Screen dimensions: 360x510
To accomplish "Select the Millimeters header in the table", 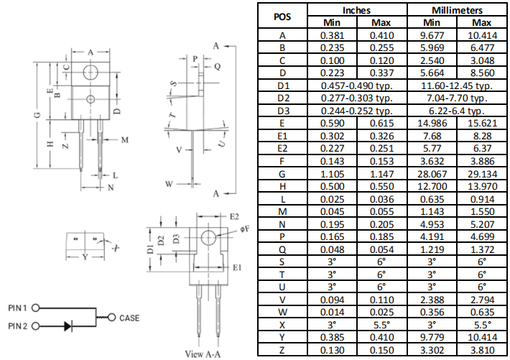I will coord(457,10).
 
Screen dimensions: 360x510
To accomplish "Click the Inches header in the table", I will coord(356,10).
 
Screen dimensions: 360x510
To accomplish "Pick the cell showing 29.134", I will coord(483,174).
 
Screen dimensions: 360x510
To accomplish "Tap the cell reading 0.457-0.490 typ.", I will coord(356,86).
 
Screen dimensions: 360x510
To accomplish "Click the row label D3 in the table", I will coord(282,111).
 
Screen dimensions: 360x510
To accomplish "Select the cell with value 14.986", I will coord(431,124).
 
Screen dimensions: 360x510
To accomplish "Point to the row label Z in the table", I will coord(282,350).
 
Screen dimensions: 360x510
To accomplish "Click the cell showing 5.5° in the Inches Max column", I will coord(382,325).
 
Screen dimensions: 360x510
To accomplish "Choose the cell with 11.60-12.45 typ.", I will coord(457,86).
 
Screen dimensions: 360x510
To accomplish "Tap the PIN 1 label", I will coord(18,308).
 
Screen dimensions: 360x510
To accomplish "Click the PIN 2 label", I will coord(18,326).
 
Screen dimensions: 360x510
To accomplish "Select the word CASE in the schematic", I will coord(130,318).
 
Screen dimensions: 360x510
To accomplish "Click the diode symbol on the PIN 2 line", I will coord(68,326).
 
